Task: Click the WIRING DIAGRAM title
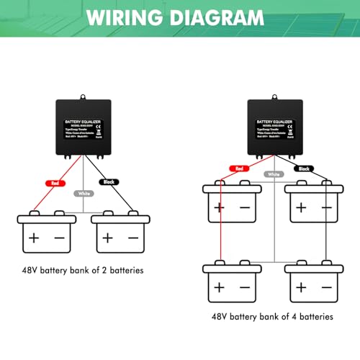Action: (x=179, y=17)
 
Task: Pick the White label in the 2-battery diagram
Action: (x=84, y=194)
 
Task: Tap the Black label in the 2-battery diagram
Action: (x=110, y=183)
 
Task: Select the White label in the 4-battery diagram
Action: (x=273, y=174)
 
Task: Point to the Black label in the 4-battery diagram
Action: (x=303, y=168)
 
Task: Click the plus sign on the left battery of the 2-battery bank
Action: (x=33, y=237)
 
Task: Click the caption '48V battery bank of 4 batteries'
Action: (x=273, y=315)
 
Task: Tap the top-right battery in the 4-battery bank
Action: (x=312, y=203)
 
